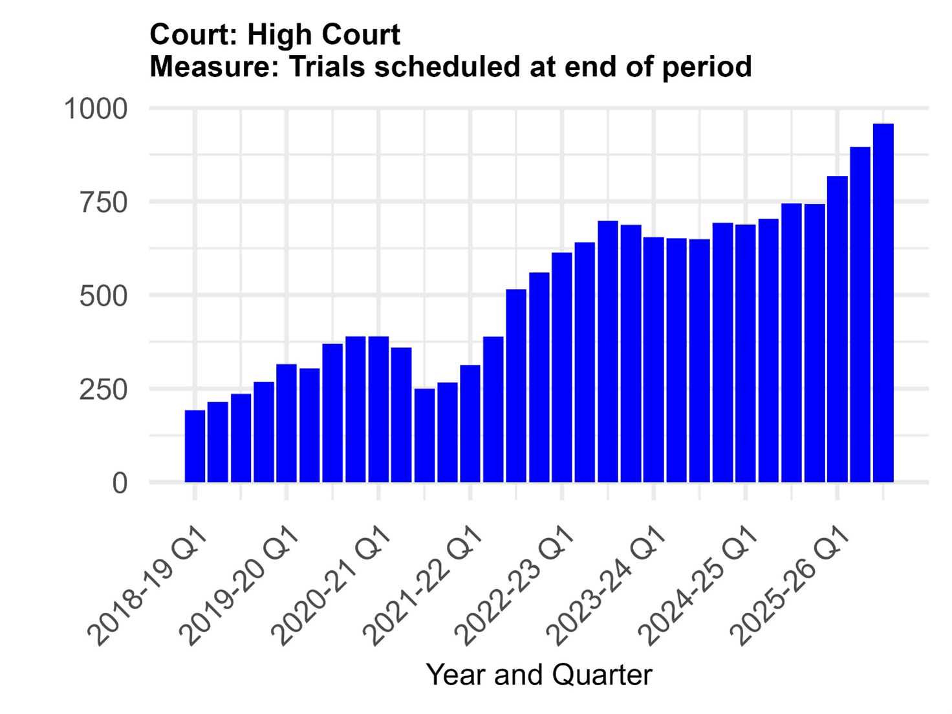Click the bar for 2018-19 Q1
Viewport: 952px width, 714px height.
(x=195, y=446)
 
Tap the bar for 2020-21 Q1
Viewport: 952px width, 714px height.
(x=378, y=409)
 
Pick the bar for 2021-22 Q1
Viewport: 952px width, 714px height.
(x=470, y=424)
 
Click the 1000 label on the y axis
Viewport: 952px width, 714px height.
(x=96, y=109)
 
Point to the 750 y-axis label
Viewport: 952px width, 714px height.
(x=103, y=202)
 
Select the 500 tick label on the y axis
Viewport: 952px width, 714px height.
(x=103, y=296)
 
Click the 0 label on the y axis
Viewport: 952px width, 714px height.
(x=120, y=483)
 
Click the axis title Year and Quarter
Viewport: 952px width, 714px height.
(x=539, y=675)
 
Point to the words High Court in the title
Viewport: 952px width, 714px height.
(x=323, y=34)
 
